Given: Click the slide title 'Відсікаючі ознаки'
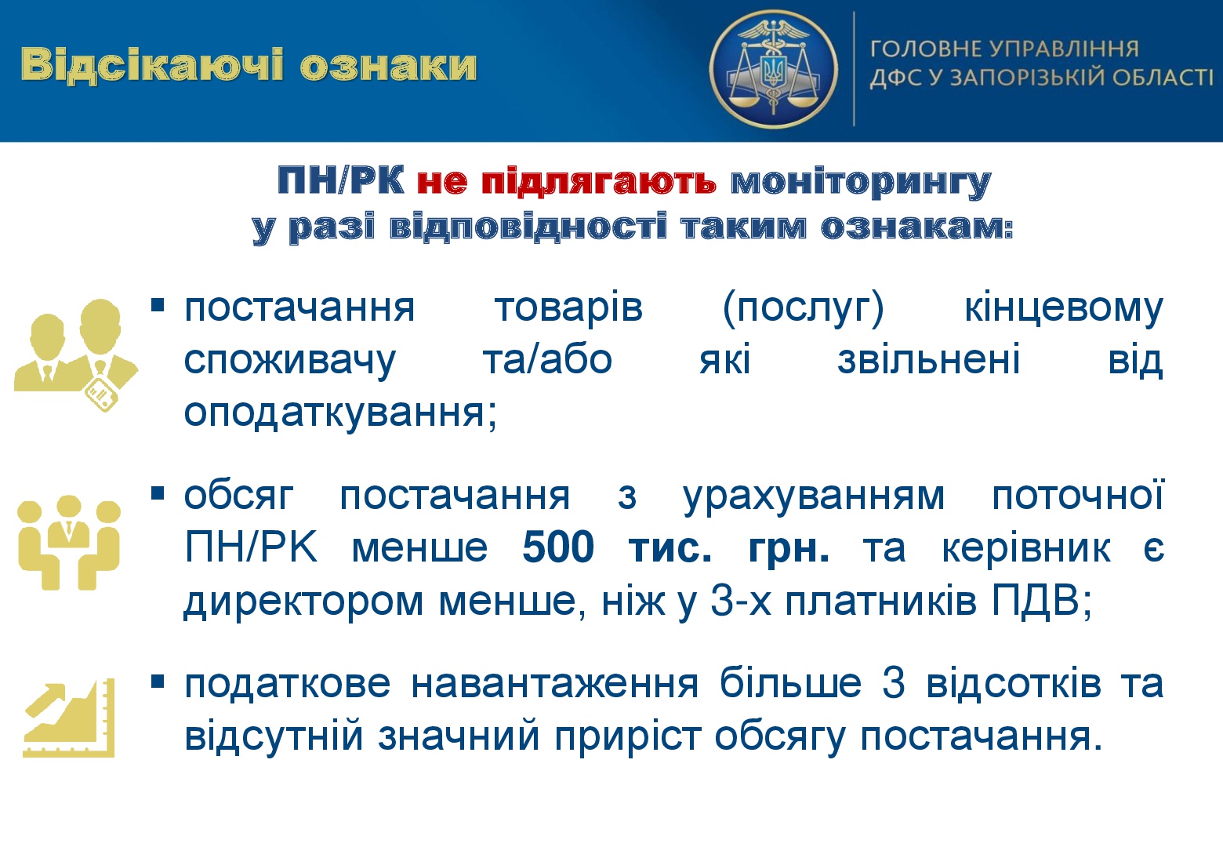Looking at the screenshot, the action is (249, 66).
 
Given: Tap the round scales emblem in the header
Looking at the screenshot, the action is (773, 69).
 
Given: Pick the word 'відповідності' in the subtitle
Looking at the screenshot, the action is (528, 227).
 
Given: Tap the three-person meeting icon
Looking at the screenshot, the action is (69, 542).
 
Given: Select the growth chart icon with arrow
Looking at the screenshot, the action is (69, 718).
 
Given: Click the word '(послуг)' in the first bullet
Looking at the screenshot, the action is (803, 309).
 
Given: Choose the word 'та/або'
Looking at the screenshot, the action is (547, 361).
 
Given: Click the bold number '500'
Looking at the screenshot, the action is (558, 547).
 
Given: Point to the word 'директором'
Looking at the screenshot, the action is (303, 602).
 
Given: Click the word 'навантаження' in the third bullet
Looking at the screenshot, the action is (555, 683).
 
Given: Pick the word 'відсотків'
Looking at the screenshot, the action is (1014, 682).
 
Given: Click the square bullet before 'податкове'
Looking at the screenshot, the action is (158, 682).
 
